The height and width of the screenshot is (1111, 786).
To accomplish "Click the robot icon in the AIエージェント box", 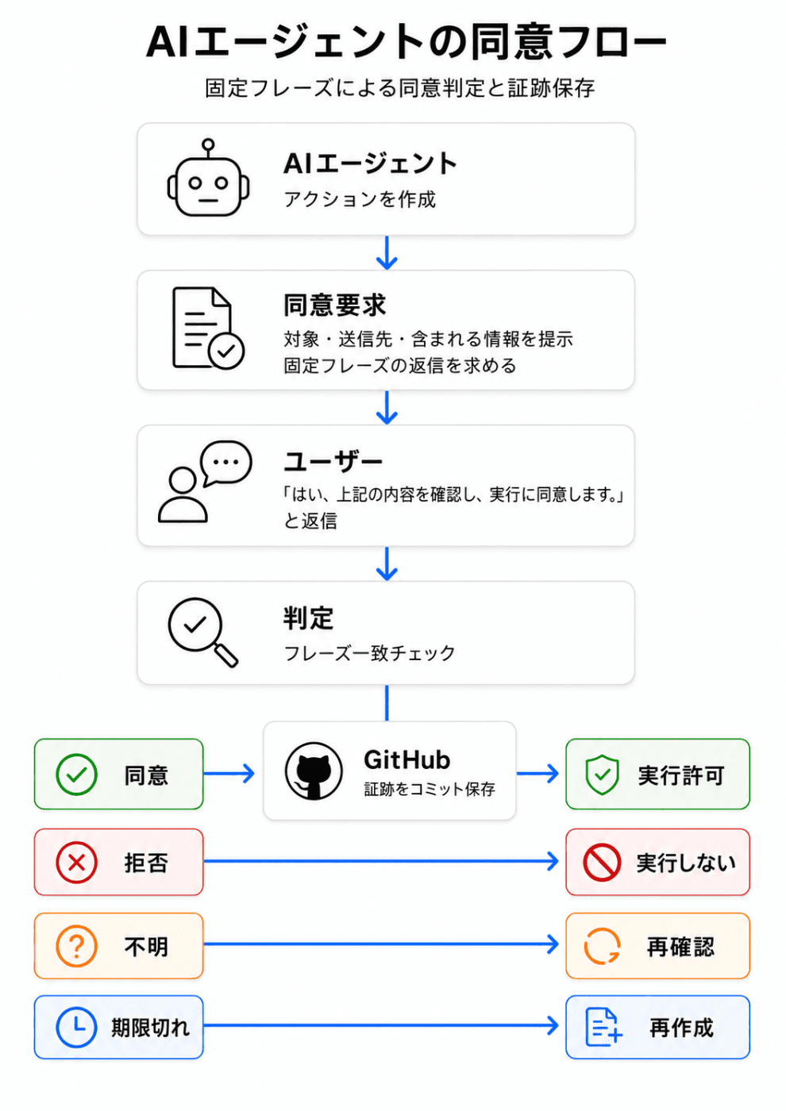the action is point(208,178).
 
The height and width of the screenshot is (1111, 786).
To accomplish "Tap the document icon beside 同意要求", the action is point(208,328).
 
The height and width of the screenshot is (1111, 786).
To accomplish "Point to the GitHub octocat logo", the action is point(314,771).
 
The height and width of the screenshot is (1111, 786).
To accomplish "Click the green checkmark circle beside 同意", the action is point(76,775).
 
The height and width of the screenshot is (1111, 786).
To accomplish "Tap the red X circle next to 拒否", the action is point(76,863).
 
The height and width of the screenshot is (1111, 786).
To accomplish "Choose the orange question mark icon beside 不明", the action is point(76,946).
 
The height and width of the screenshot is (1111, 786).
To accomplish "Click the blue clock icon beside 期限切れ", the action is point(76,1027).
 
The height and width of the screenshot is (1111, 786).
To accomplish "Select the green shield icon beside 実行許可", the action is point(603,775).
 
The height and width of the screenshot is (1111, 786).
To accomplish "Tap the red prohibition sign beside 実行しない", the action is point(602,863).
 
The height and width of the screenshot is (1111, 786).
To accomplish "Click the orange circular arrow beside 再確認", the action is point(602,946).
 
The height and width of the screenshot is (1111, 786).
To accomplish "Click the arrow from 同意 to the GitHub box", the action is point(229,773).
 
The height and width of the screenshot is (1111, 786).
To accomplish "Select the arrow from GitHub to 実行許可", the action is point(538,773).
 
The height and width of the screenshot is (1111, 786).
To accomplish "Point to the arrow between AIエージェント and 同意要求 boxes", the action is point(387,253).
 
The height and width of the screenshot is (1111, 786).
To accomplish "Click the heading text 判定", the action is point(309,618).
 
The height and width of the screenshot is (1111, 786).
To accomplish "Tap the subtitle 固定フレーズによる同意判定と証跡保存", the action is point(400,88).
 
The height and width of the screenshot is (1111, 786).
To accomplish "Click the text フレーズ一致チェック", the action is point(370,653).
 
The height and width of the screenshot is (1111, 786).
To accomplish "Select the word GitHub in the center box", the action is point(406,760).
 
